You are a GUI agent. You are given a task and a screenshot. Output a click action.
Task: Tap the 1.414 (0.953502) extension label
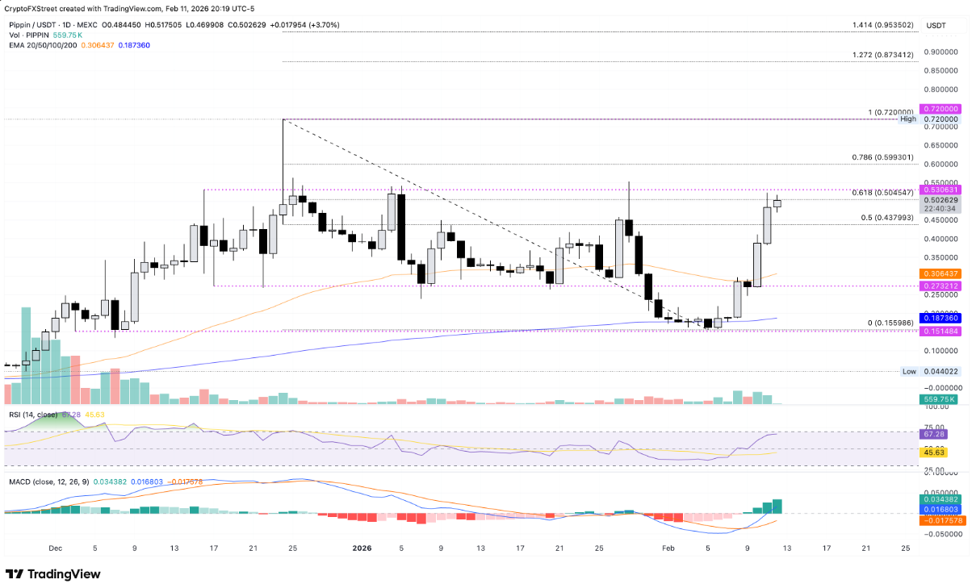point(882,25)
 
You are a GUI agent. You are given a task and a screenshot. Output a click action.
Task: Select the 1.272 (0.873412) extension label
point(882,55)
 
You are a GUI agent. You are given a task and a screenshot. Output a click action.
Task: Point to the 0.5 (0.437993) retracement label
point(886,218)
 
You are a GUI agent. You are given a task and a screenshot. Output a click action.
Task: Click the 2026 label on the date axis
point(362,548)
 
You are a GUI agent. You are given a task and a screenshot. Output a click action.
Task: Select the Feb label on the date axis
point(668,548)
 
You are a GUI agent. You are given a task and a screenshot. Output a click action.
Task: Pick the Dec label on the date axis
point(55,548)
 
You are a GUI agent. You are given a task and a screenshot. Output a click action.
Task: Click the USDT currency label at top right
point(936,25)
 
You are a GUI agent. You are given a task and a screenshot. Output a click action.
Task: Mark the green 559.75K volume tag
point(939,399)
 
